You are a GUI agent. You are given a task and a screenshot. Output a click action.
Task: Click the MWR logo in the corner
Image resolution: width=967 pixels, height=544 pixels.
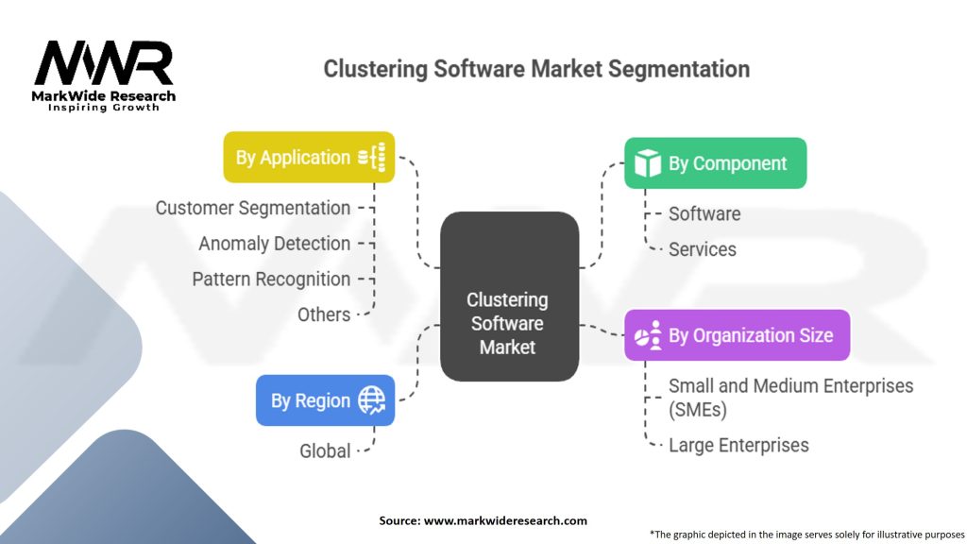tap(104, 76)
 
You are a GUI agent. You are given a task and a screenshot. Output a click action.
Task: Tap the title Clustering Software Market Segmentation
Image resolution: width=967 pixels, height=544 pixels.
tap(536, 69)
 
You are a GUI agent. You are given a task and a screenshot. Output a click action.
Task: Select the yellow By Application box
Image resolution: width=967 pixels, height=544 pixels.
tap(309, 158)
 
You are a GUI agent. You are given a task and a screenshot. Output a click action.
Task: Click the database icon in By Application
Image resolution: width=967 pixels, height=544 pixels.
tap(372, 158)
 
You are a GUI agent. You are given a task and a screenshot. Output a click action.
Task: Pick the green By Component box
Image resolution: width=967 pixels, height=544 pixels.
tap(716, 163)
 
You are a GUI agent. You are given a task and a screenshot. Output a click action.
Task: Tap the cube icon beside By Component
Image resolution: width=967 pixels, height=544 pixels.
tap(648, 163)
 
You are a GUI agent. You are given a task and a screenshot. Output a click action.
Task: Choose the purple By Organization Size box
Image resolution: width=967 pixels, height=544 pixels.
tap(737, 335)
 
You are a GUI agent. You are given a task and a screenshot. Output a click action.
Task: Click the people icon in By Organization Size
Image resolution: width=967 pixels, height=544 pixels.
tap(648, 335)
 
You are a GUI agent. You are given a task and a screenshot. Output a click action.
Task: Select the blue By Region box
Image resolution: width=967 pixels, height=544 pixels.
tap(325, 400)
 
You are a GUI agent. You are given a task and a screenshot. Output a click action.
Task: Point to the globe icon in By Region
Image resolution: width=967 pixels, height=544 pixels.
tap(372, 400)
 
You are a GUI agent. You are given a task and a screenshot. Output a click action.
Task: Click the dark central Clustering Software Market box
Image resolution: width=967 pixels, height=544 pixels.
tap(509, 297)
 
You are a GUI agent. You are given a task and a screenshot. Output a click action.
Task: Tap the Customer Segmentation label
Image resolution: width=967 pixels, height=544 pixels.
tap(253, 209)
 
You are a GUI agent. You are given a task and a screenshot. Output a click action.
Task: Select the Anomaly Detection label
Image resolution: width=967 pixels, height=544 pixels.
tap(275, 244)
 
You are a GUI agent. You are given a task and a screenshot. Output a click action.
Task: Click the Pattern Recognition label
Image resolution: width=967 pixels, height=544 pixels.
tap(271, 280)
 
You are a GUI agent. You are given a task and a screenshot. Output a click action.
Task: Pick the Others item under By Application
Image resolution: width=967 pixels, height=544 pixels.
tap(324, 314)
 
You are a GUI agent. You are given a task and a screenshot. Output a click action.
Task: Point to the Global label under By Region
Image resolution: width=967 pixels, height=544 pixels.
tap(325, 450)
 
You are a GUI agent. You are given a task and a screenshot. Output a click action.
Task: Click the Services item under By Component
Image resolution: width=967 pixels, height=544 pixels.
tap(703, 249)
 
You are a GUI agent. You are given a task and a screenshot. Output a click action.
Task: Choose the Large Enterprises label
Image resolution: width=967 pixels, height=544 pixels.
tap(738, 446)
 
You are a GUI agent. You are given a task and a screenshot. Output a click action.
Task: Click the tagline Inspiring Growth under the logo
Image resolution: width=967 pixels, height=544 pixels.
tap(104, 108)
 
